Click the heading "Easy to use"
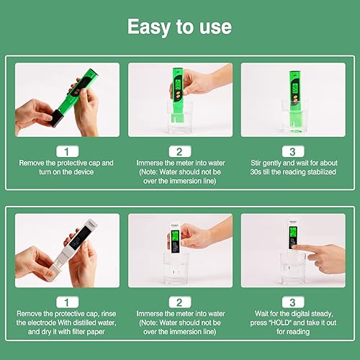coord(179,27)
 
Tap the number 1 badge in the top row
coord(67,151)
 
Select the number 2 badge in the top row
coord(180,151)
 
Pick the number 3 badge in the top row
coord(293,151)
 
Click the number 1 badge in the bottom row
coord(67,302)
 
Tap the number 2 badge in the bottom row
coord(180,302)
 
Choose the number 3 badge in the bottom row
coord(293,302)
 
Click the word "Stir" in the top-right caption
coord(256,163)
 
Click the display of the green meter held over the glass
coord(178,83)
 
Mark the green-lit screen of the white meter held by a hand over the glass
coord(176,236)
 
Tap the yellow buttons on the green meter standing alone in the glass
coord(294,98)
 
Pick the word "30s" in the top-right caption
coord(256,172)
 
